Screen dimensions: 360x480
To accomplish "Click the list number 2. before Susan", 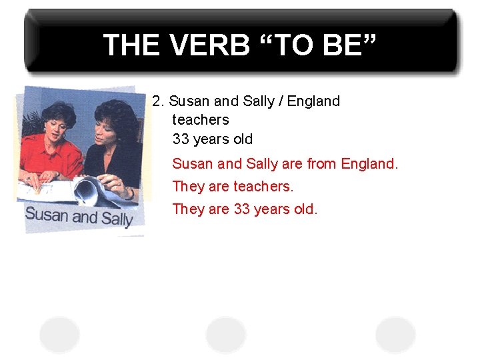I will point(159,101).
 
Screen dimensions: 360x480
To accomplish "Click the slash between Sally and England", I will point(281,101).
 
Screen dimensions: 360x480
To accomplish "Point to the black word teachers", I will point(200,120).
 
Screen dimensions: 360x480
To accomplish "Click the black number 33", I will point(181,139).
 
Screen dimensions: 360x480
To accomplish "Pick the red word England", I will point(369,163).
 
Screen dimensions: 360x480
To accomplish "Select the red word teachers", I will point(263,187).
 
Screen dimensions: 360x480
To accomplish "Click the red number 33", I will point(241,209).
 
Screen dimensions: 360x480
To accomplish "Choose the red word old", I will point(305,209).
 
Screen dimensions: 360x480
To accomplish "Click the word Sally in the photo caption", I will point(116,218).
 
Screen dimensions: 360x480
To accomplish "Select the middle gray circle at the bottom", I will point(226,333).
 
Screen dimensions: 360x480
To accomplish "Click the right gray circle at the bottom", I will point(395,333).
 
